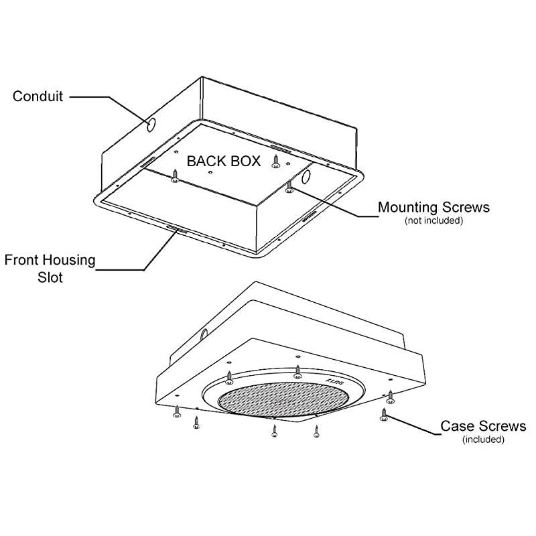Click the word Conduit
click(38, 96)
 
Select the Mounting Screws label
click(433, 207)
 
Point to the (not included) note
click(433, 220)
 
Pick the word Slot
click(50, 277)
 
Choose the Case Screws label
click(483, 426)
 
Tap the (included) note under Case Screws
click(483, 440)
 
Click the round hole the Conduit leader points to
click(149, 125)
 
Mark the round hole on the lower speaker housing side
click(204, 335)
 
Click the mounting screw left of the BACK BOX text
click(174, 175)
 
